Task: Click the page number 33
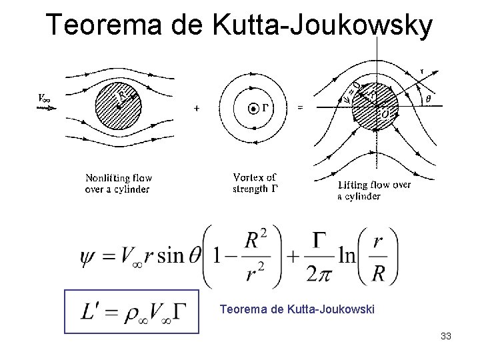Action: [446, 336]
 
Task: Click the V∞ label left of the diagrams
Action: [46, 98]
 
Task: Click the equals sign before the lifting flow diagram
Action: [300, 108]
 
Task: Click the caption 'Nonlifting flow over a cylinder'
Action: [119, 183]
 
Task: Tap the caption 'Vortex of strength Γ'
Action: [255, 183]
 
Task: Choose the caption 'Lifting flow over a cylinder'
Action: [374, 190]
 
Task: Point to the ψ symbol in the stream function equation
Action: [88, 256]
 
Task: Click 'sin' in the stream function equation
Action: [171, 256]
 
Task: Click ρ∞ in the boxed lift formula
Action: [133, 315]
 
